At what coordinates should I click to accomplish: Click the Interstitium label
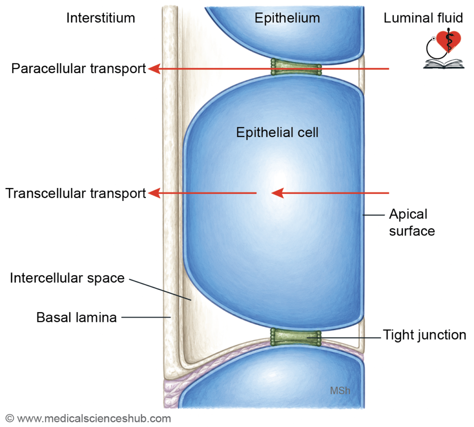[100, 18]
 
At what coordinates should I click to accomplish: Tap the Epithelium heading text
[287, 18]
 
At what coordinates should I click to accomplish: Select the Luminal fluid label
[423, 18]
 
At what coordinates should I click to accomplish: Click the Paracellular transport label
[79, 69]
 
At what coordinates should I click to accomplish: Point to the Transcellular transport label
[75, 194]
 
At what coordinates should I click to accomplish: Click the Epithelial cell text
[277, 132]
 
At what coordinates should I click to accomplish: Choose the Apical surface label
[412, 222]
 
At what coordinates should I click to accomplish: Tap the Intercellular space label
[67, 278]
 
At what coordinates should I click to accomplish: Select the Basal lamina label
[76, 318]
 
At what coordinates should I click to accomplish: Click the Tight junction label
[424, 335]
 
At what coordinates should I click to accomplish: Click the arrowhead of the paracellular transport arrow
[154, 69]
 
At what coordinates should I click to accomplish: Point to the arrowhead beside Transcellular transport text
[154, 193]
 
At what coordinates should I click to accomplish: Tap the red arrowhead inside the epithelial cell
[278, 193]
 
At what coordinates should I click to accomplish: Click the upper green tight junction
[296, 67]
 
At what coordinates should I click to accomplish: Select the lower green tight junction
[296, 337]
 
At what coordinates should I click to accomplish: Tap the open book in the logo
[443, 64]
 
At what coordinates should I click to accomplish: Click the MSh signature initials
[340, 391]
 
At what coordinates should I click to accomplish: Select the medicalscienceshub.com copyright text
[88, 419]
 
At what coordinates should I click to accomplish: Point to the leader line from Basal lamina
[146, 317]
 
